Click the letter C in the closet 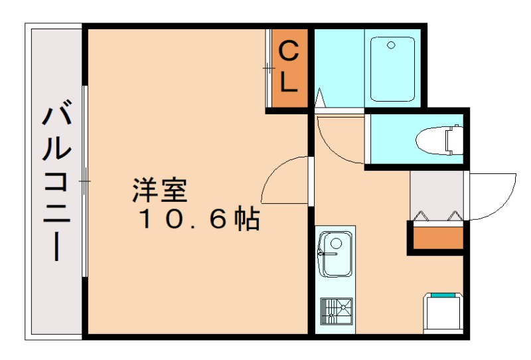287,50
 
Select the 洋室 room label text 160,191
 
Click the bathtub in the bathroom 392,68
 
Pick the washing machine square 443,312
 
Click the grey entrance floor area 436,193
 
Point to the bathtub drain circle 392,46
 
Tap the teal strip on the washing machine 443,294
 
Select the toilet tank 454,139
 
